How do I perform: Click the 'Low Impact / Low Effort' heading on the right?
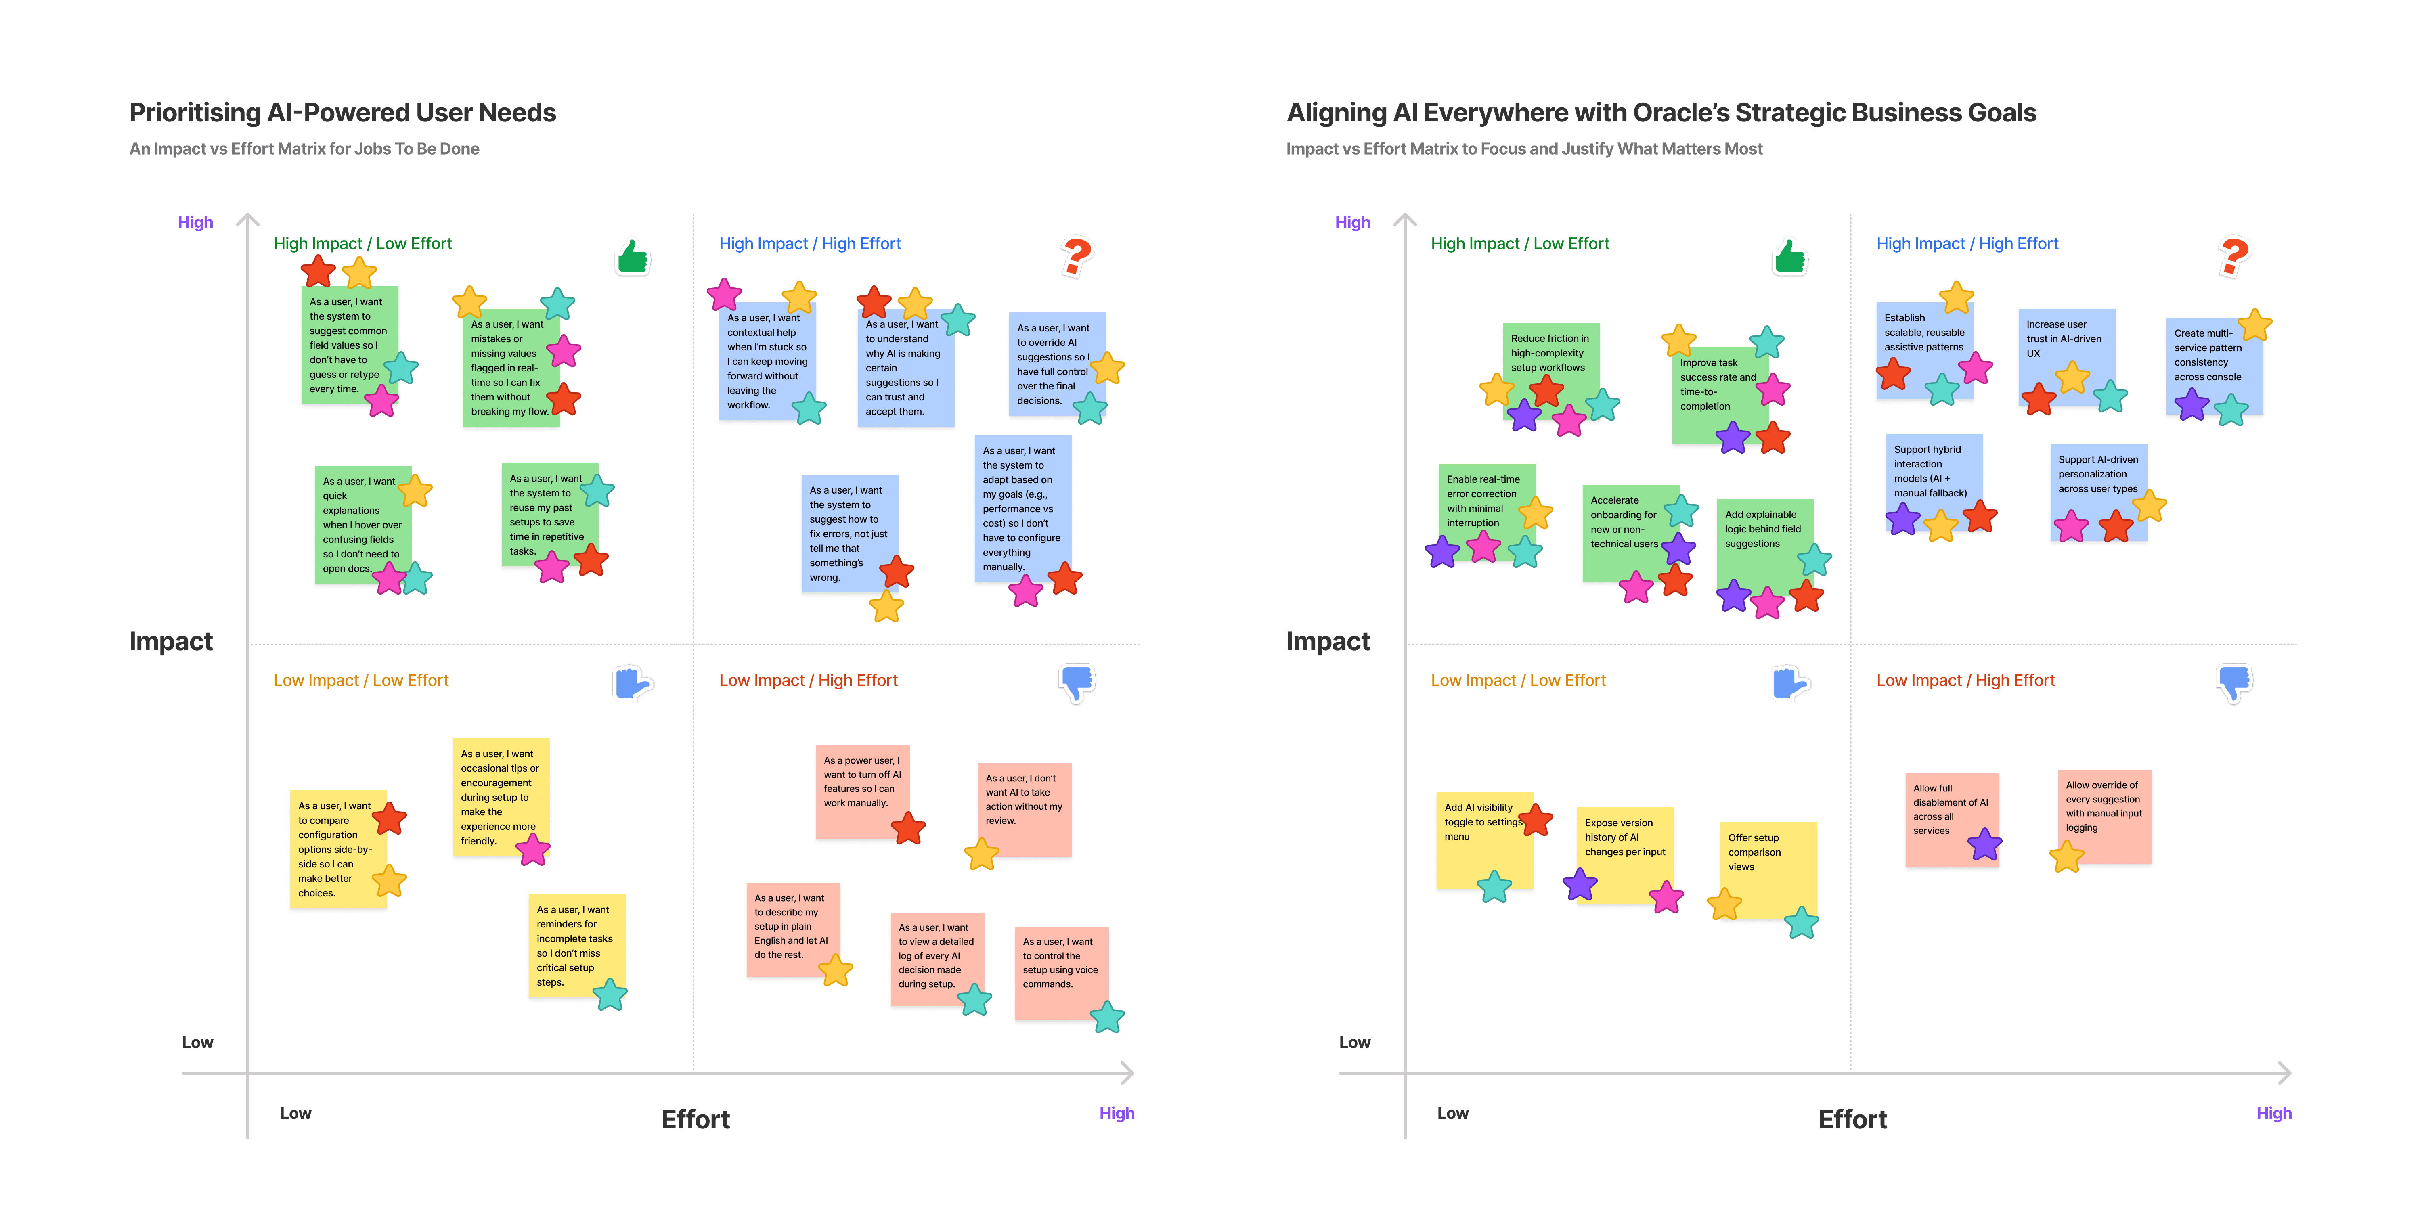coord(1517,680)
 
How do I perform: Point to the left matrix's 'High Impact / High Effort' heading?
coord(809,243)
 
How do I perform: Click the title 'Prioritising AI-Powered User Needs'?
coord(342,113)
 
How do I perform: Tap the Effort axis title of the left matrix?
coord(695,1119)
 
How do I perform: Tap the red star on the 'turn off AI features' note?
coord(908,829)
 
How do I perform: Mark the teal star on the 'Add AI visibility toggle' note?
coord(1494,886)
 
